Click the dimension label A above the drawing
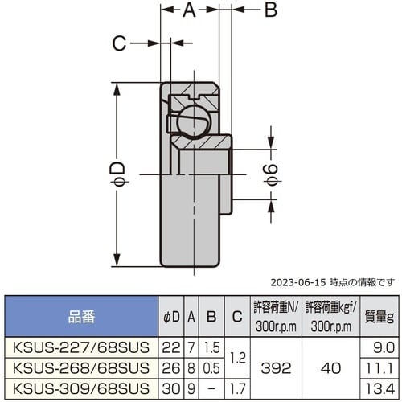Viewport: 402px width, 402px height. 190,10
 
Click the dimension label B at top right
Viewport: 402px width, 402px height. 271,10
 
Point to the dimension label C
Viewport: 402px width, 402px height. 118,44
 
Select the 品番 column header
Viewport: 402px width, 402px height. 80,317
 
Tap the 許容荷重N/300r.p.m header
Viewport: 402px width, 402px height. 275,317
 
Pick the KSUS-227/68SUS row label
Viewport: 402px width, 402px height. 80,347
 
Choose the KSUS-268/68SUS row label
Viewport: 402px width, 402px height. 80,367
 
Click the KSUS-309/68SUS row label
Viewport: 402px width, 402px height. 80,387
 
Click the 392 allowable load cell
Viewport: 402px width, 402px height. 275,367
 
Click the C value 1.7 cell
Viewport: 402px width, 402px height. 234,387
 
